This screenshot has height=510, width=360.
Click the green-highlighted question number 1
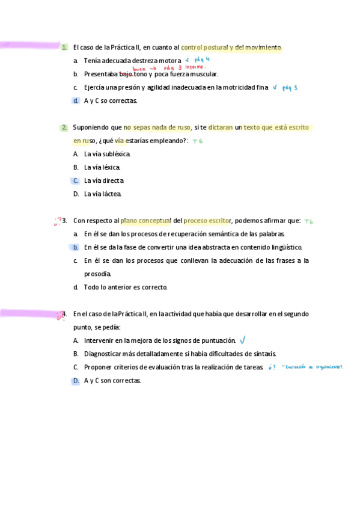(x=64, y=47)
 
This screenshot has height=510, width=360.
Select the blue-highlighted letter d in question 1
(x=76, y=100)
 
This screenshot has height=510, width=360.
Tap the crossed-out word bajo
(x=126, y=74)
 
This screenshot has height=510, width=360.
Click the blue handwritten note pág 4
(x=203, y=60)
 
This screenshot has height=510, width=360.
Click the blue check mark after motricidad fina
(x=275, y=87)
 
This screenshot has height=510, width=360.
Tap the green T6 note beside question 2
(x=198, y=141)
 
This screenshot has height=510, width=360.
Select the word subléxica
(x=116, y=154)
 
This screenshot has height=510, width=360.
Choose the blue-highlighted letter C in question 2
(x=76, y=180)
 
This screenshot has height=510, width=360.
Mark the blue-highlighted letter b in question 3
(x=76, y=247)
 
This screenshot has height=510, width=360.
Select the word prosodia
(x=98, y=274)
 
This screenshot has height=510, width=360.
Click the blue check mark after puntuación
(x=242, y=340)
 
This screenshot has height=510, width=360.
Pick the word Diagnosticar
(x=102, y=354)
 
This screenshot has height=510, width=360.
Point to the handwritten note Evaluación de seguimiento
(x=312, y=366)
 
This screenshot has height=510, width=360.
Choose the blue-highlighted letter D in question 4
(x=76, y=380)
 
